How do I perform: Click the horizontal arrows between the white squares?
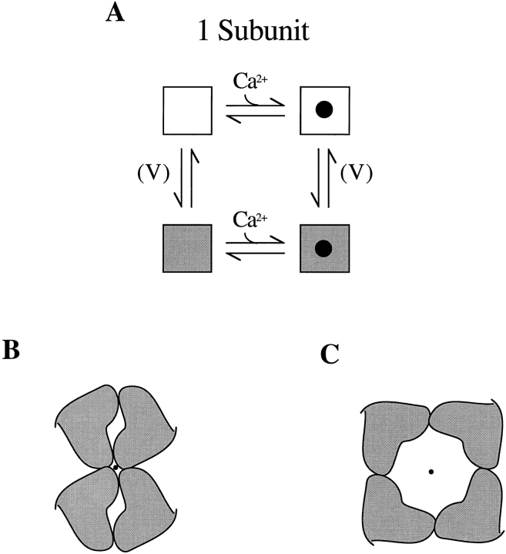[255, 113]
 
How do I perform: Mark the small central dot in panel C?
[431, 472]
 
